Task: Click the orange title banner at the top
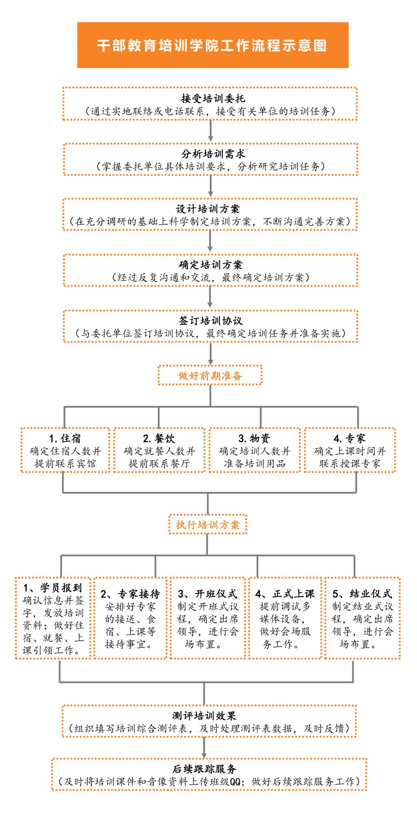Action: coord(213,45)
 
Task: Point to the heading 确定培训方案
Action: coord(211,265)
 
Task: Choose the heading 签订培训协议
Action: coord(211,321)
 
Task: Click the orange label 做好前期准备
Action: coord(210,376)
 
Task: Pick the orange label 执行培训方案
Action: coord(208,525)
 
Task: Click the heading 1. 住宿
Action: coord(65,439)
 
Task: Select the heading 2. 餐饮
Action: coord(159,439)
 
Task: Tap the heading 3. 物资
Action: coord(254,439)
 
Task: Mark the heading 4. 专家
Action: coord(349,439)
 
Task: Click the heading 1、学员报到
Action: coord(53,588)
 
